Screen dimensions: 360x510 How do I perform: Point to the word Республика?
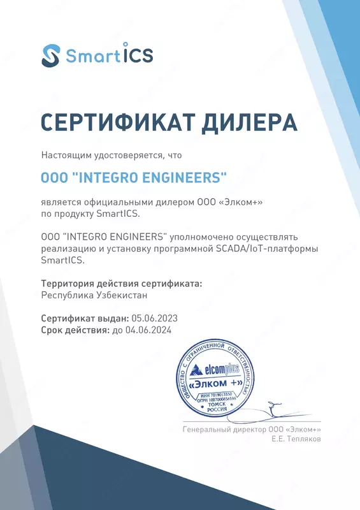67,295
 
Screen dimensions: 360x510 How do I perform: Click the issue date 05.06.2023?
154,317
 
